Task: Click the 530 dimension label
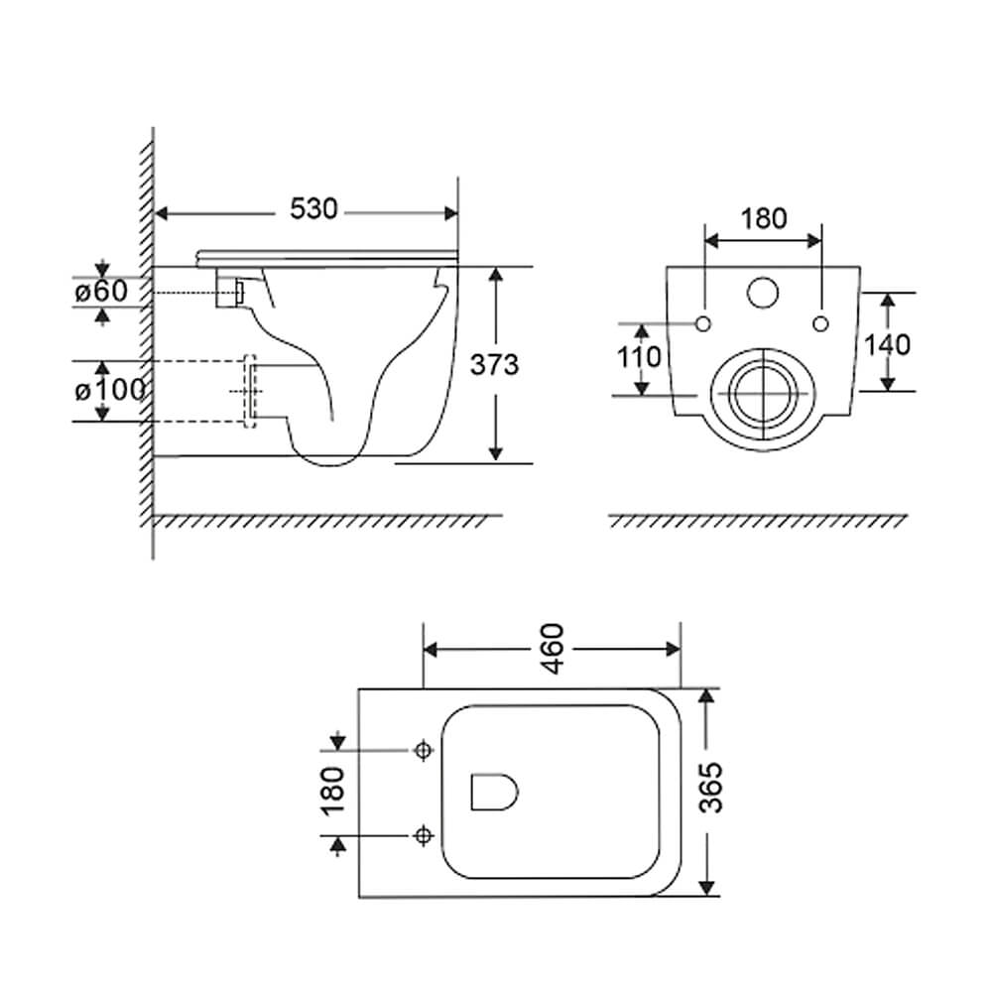pos(313,208)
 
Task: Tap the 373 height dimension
pos(494,364)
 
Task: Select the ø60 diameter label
pos(101,291)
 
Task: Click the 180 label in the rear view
pos(764,219)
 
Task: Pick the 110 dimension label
pos(639,357)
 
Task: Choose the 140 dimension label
pos(887,345)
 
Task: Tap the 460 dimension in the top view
pos(553,649)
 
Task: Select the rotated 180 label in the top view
pos(332,791)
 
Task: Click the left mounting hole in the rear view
pos(703,324)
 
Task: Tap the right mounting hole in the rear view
pos(820,324)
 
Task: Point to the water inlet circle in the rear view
pos(762,293)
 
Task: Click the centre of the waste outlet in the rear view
pos(763,393)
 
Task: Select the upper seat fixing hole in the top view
pos(424,750)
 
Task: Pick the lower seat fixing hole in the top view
pos(424,835)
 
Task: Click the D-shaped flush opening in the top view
pos(494,792)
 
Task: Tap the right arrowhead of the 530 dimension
pos(451,214)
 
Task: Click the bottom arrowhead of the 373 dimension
pos(496,453)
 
